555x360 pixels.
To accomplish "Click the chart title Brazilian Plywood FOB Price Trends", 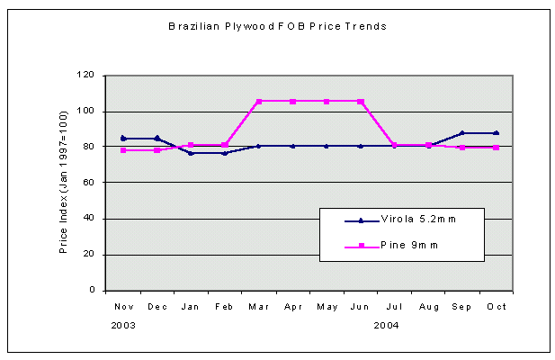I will point(277,27).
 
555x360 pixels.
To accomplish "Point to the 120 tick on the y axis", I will point(88,75).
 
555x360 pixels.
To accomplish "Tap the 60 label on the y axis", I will point(91,183).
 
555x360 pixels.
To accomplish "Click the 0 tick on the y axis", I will point(94,291).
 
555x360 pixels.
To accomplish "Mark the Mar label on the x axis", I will point(259,307).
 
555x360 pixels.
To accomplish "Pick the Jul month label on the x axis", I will point(394,307).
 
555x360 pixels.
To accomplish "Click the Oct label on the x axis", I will point(496,307).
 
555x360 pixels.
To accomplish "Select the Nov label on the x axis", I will point(123,307).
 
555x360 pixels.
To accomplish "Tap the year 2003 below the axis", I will point(124,325).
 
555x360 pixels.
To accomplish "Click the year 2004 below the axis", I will point(386,325).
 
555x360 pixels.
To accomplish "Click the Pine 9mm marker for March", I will point(259,101).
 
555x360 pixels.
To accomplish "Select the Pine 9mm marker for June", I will point(361,101).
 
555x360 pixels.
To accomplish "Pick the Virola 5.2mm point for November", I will point(123,138).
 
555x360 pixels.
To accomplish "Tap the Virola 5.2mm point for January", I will point(191,153).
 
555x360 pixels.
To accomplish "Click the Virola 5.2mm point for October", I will point(496,132).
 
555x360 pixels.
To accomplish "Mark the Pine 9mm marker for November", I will point(123,150).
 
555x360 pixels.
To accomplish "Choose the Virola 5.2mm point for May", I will point(327,146).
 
